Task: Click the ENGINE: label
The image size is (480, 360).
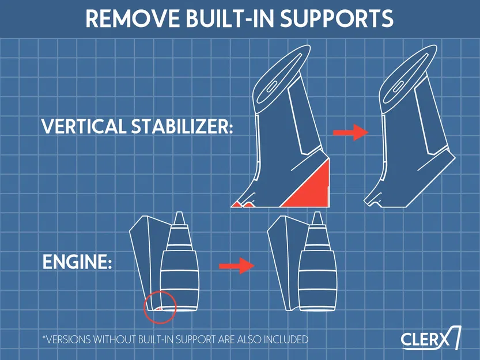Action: [77, 263]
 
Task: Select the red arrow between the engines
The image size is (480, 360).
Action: [236, 266]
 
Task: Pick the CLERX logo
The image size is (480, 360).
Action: [430, 339]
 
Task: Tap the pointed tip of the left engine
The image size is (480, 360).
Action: [179, 217]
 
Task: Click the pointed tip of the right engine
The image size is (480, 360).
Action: [316, 217]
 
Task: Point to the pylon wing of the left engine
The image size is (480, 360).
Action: [143, 253]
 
